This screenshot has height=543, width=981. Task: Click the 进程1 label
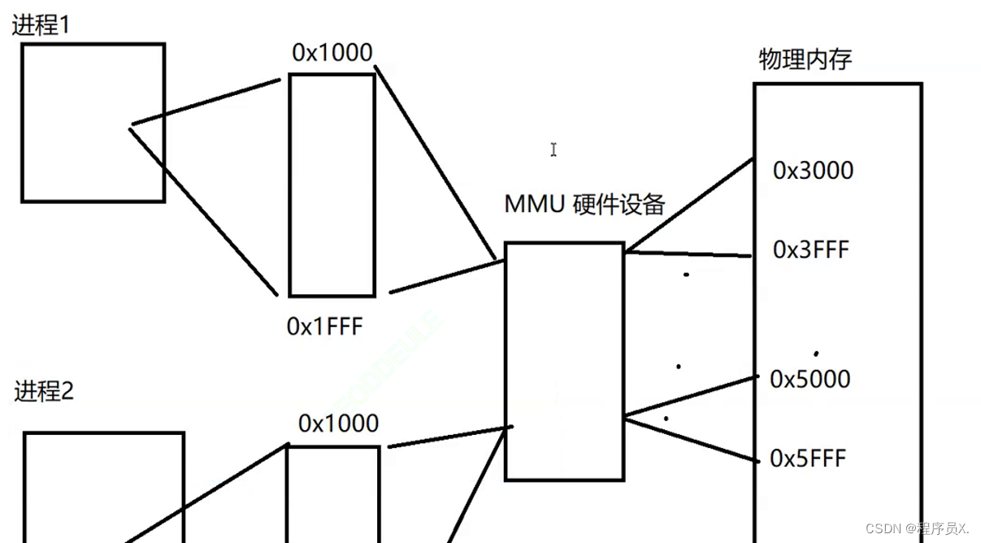(41, 25)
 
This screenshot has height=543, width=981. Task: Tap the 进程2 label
(45, 392)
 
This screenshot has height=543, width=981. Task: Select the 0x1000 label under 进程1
(332, 53)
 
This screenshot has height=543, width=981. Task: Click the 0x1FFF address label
(324, 327)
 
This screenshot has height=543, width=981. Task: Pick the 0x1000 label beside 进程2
(338, 424)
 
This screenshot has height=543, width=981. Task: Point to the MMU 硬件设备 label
(584, 203)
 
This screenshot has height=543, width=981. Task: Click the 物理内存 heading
(805, 59)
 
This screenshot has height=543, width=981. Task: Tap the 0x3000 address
(813, 171)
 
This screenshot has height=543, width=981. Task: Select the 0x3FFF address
(810, 250)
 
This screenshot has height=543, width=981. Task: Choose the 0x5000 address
(810, 380)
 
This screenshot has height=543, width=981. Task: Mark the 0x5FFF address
(807, 459)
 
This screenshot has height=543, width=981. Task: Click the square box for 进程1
(93, 122)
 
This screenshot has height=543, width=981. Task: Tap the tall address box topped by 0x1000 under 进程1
(332, 185)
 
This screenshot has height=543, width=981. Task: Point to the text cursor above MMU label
(553, 150)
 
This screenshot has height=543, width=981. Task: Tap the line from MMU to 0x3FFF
(688, 254)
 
